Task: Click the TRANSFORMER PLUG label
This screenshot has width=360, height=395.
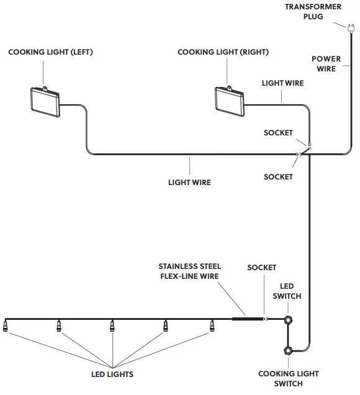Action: coord(313,11)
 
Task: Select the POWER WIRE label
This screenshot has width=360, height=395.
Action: coord(326,64)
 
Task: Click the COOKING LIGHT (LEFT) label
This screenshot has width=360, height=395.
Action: coord(50,52)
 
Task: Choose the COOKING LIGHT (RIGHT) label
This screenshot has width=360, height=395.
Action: coord(223,52)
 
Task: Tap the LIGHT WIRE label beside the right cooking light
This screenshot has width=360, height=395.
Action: coord(283,83)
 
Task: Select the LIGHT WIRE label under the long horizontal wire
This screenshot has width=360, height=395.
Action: coord(189,183)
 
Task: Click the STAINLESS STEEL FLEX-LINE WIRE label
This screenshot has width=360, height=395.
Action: coord(189,271)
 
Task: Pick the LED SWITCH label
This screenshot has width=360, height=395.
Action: coord(288,291)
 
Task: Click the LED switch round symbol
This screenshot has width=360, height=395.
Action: coord(289,320)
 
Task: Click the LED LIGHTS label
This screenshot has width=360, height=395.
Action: coord(112,375)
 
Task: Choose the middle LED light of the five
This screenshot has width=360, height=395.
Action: coord(112,325)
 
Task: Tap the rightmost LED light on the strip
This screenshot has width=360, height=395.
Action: coord(212,325)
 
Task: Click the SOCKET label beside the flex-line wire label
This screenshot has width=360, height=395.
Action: coord(261,268)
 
